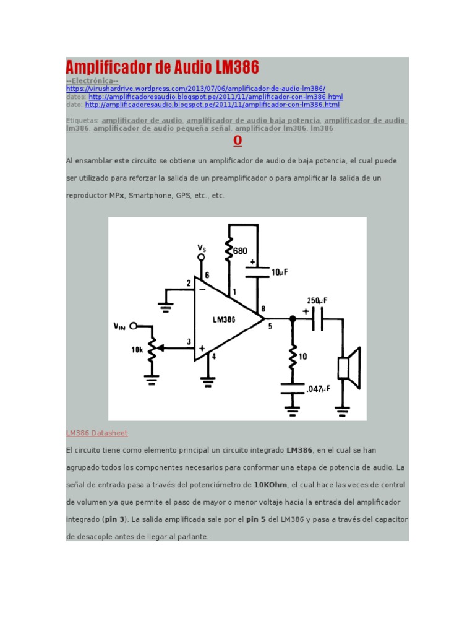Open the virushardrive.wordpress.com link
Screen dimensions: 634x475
(x=195, y=89)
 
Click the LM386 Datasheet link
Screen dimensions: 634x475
(x=96, y=433)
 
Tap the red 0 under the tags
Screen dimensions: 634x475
(x=237, y=141)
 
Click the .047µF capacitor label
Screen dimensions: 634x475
(x=318, y=389)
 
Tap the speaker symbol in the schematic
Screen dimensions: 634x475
(x=348, y=368)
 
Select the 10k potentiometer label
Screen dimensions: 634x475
(x=137, y=350)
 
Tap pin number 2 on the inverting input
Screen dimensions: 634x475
(x=189, y=284)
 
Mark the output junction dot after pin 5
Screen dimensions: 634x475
(x=293, y=319)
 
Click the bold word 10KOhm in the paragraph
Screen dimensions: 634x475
(x=270, y=485)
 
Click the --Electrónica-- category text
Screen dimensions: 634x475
(x=92, y=81)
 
